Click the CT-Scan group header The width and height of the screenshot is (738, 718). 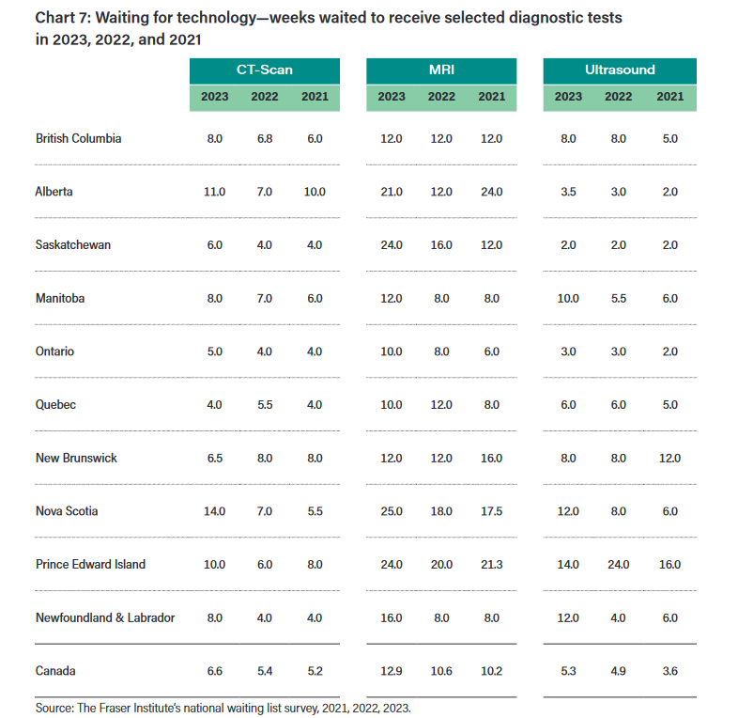coord(264,70)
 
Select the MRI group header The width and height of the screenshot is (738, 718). coord(440,70)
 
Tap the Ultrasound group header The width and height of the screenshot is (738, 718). coord(620,70)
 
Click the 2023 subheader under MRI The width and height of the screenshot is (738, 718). coord(392,97)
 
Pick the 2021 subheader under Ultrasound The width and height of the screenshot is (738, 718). coord(669,97)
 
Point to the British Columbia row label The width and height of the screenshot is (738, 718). coord(79,138)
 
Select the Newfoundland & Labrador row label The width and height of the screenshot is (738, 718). coord(105,618)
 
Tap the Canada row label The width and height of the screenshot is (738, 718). coord(55,671)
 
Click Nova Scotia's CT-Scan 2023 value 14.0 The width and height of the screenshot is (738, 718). coord(214,511)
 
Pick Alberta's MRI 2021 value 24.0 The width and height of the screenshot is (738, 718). coord(490,192)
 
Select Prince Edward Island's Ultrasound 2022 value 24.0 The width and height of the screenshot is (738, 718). coord(619,565)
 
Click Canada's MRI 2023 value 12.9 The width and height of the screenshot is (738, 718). coord(392,671)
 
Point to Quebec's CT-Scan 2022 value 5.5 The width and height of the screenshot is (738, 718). coord(265,405)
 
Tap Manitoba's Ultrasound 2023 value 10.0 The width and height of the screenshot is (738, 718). coord(568,298)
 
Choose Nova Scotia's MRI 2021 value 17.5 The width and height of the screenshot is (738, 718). coord(490,511)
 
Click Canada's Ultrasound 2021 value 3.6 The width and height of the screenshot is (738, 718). coord(669,671)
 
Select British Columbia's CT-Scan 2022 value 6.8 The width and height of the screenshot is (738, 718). coord(265,138)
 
